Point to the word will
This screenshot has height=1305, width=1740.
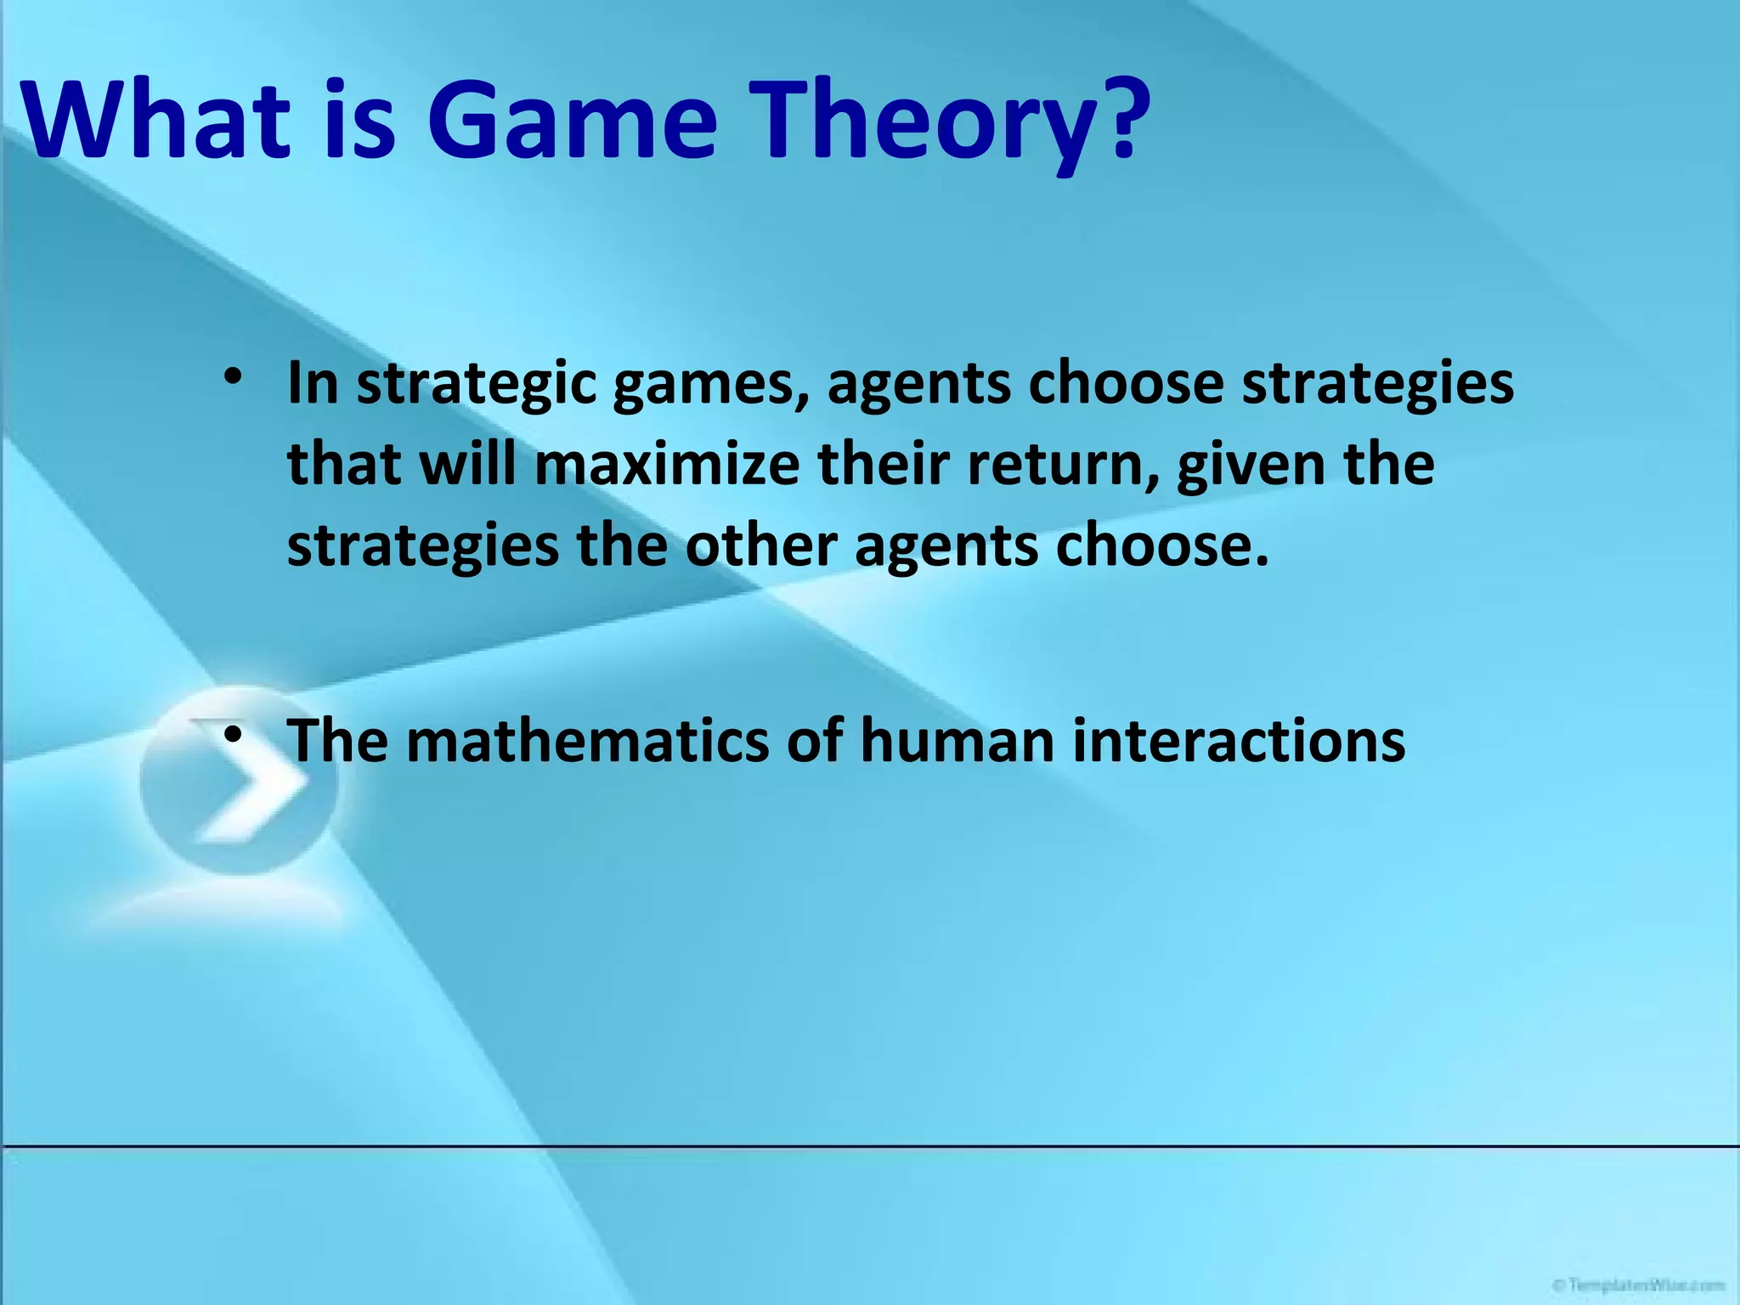(x=468, y=466)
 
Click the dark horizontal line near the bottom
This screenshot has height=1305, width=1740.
(x=870, y=1147)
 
